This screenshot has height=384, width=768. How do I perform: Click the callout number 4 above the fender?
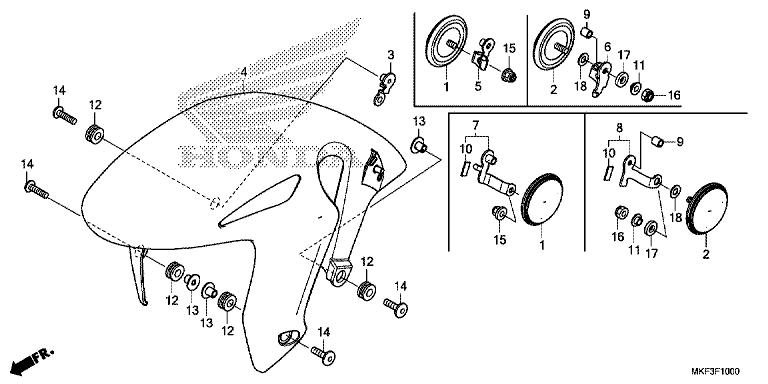(243, 72)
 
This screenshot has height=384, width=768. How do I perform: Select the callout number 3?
(392, 54)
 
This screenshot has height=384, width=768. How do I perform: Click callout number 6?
(607, 47)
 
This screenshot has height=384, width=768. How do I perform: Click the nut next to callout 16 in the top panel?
(647, 96)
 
